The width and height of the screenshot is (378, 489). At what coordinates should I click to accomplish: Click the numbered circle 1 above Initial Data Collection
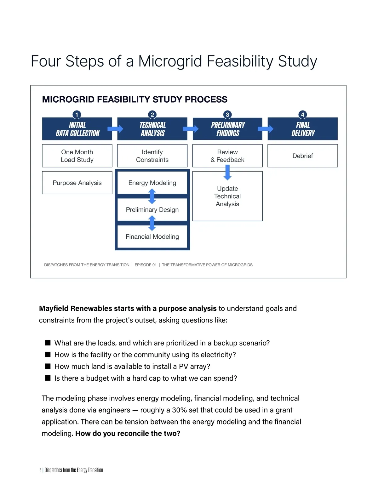(x=77, y=115)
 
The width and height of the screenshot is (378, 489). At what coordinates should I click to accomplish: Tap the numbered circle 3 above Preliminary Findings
(x=227, y=115)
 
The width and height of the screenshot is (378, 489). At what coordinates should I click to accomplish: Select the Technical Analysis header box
(x=152, y=129)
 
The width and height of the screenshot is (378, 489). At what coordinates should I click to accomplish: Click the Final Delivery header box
(x=303, y=129)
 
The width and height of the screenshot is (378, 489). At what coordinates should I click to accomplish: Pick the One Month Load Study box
(x=77, y=156)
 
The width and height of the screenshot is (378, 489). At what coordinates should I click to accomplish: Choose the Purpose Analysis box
(x=77, y=183)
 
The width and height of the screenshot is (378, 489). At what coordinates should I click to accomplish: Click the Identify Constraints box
(x=152, y=156)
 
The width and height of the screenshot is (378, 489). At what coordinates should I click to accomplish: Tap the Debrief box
(x=303, y=156)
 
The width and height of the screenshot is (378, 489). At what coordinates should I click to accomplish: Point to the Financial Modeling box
(x=152, y=237)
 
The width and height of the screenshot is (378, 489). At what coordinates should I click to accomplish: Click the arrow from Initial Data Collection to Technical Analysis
(x=115, y=128)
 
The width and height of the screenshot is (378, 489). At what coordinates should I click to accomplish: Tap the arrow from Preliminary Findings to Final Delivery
(x=265, y=128)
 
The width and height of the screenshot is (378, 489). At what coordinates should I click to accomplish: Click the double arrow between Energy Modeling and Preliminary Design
(x=152, y=196)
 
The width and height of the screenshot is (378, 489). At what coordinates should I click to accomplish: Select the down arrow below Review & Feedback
(x=227, y=173)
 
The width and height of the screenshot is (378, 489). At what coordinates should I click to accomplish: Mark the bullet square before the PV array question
(x=48, y=366)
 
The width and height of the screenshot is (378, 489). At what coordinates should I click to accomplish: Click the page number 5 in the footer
(x=40, y=470)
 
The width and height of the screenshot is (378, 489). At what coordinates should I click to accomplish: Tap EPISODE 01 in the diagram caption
(x=146, y=265)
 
